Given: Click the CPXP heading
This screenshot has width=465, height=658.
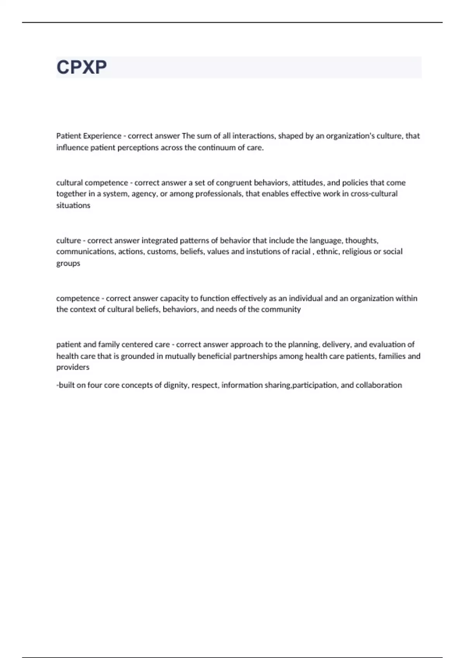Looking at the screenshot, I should coord(82,67).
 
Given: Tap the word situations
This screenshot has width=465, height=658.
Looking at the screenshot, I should coord(73,206).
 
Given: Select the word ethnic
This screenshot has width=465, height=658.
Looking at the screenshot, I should coord(327,252).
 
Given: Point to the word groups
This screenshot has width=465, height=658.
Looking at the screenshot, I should coord(68,263).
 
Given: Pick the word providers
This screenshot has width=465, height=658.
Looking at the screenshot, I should coord(73,367).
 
